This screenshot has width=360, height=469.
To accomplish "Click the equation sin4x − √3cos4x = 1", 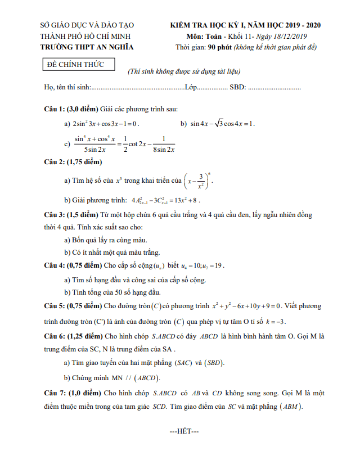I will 222,124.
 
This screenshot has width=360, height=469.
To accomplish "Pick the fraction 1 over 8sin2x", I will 164,144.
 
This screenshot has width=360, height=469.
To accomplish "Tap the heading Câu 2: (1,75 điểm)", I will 73,163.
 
